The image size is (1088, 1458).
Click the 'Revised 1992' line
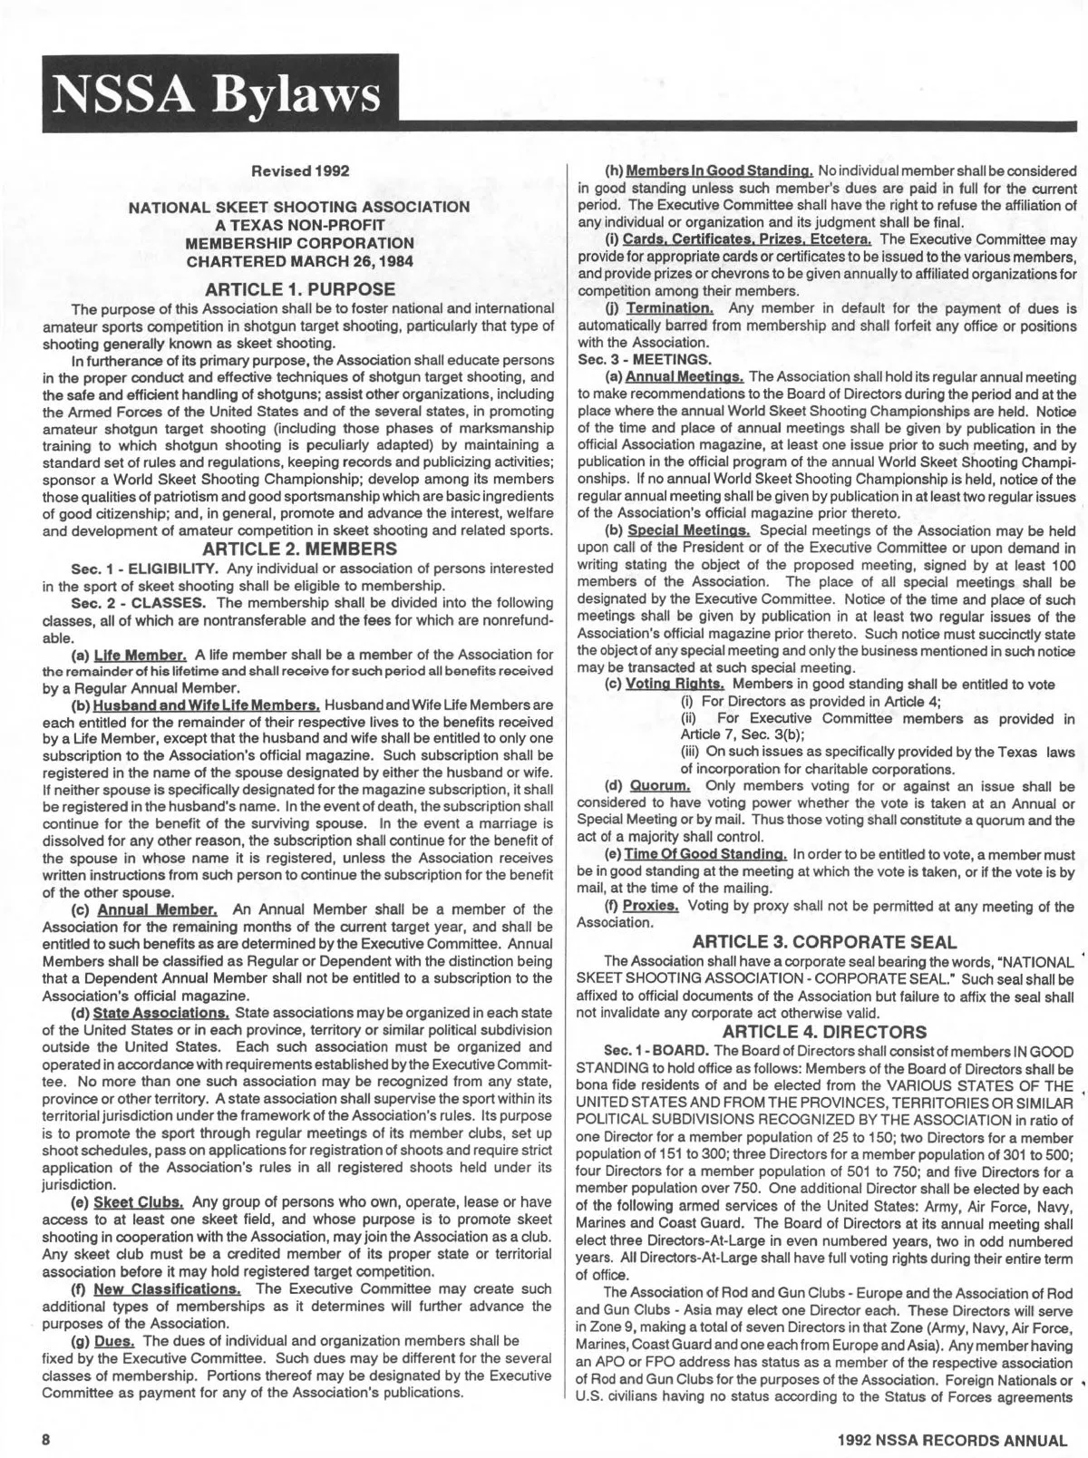pyautogui.click(x=299, y=170)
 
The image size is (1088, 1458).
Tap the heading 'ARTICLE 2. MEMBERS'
pyautogui.click(x=299, y=549)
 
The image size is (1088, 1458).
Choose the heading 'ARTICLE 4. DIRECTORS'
pyautogui.click(x=824, y=1031)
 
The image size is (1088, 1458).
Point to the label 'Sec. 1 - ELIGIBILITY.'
pyautogui.click(x=145, y=569)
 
